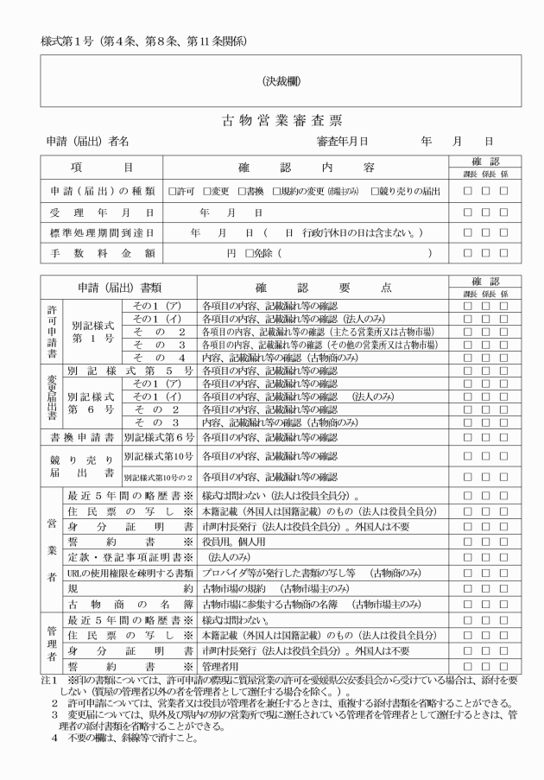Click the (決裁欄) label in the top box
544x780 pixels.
coord(281,81)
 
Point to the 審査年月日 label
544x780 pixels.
coord(343,141)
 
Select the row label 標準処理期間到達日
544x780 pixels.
coord(101,232)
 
